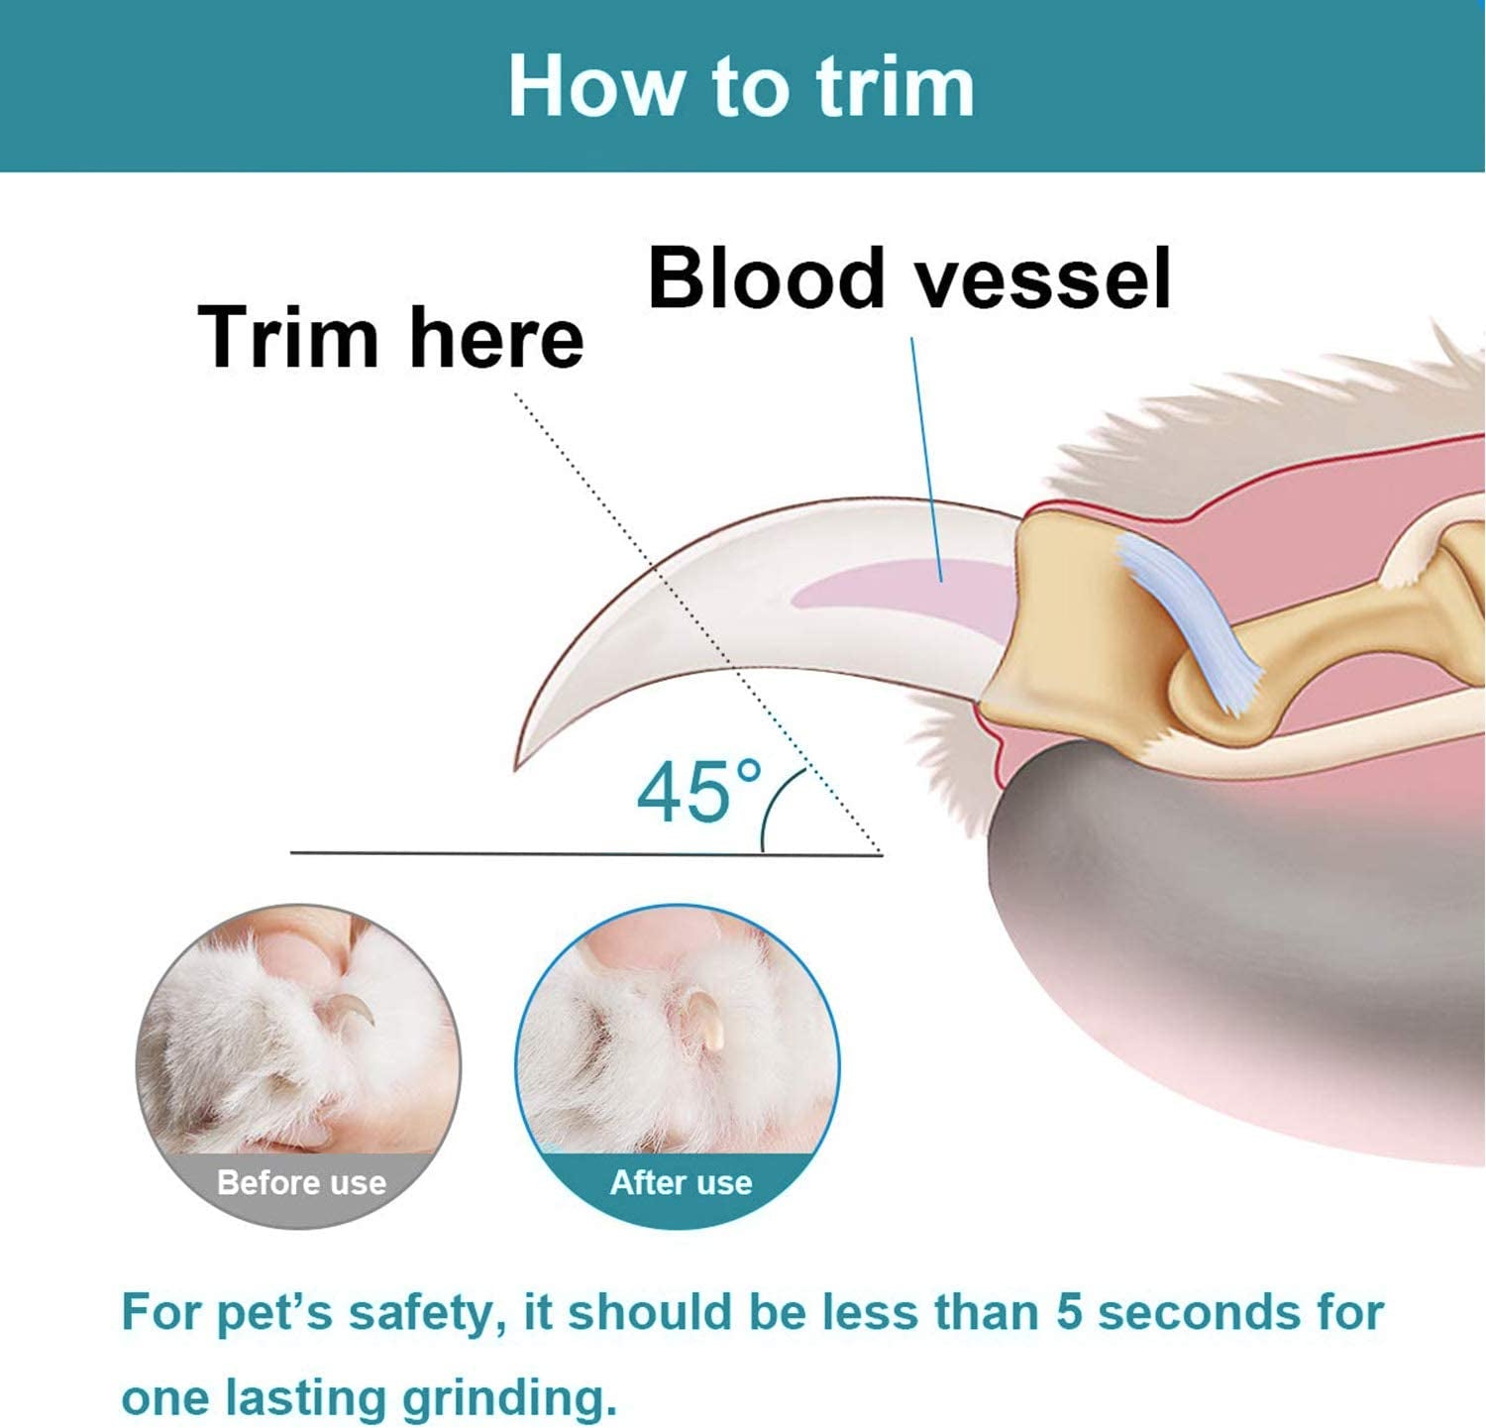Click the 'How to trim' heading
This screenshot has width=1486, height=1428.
741,87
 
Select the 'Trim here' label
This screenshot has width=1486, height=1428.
390,338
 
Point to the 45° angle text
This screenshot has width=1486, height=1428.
698,792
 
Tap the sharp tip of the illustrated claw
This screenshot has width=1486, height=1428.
517,765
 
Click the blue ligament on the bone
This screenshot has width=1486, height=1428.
1189,619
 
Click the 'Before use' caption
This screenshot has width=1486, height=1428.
301,1182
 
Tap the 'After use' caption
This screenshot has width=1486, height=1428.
681,1182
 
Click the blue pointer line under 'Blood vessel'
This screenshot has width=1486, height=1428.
926,456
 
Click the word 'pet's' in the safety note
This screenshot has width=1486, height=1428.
278,1312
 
